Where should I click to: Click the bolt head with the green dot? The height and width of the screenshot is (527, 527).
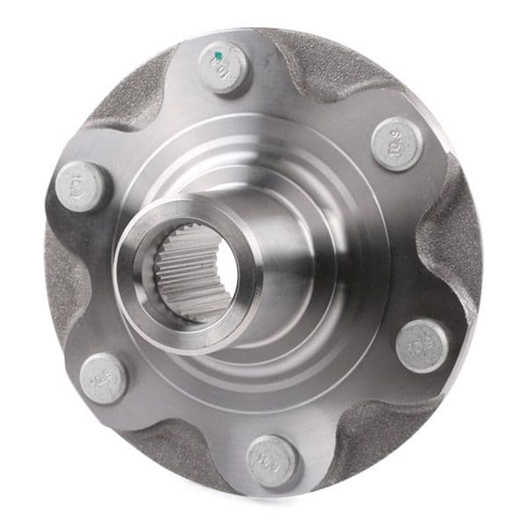coord(223,68)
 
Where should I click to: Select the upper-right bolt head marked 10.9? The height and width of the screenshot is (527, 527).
coord(397,142)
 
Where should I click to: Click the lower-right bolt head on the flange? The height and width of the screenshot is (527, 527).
coord(422,344)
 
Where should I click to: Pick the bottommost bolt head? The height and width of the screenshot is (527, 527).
coord(271,460)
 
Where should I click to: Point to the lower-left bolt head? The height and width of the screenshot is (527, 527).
coord(103,378)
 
